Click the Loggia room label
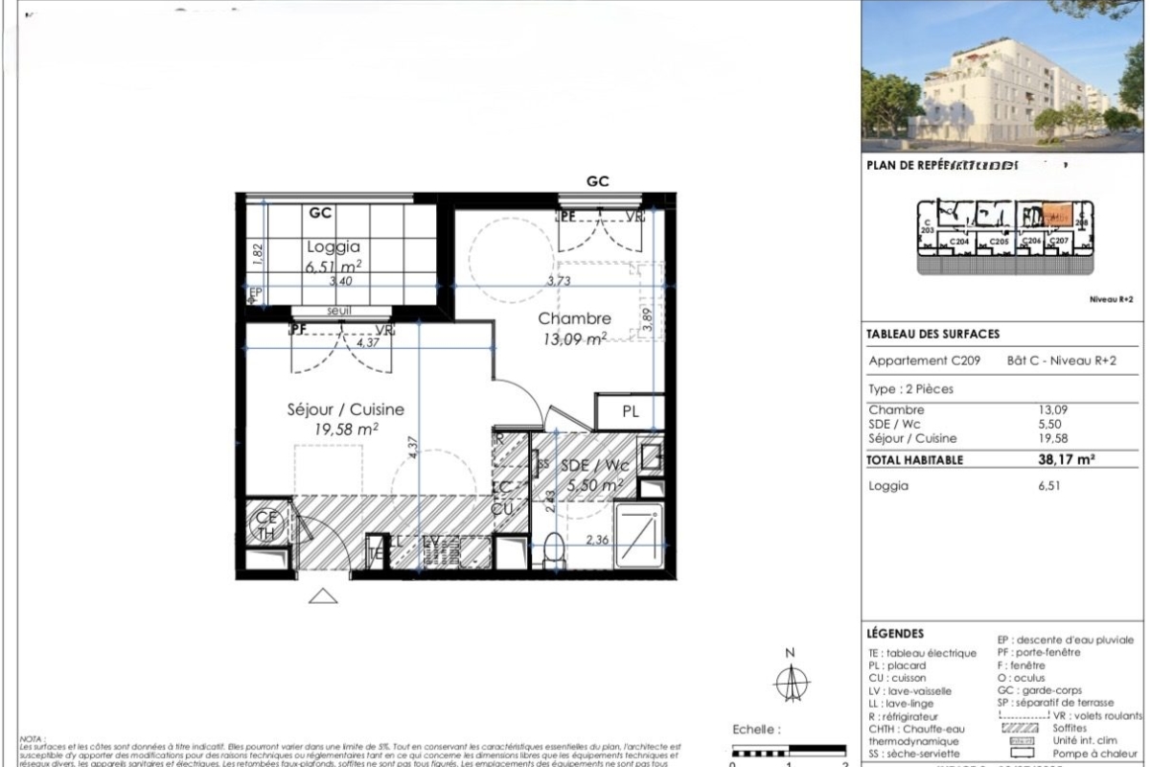pyautogui.click(x=333, y=245)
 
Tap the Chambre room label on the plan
pyautogui.click(x=574, y=318)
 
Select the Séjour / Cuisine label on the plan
pyautogui.click(x=346, y=409)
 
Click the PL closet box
pyautogui.click(x=630, y=411)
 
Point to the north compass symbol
pyautogui.click(x=791, y=682)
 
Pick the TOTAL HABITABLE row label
pyautogui.click(x=915, y=460)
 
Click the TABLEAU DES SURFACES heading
pyautogui.click(x=932, y=335)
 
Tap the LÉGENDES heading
pyautogui.click(x=895, y=634)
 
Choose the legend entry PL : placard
pyautogui.click(x=896, y=665)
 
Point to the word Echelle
pyautogui.click(x=755, y=730)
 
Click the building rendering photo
pyautogui.click(x=1003, y=75)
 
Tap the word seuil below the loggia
pyautogui.click(x=339, y=311)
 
